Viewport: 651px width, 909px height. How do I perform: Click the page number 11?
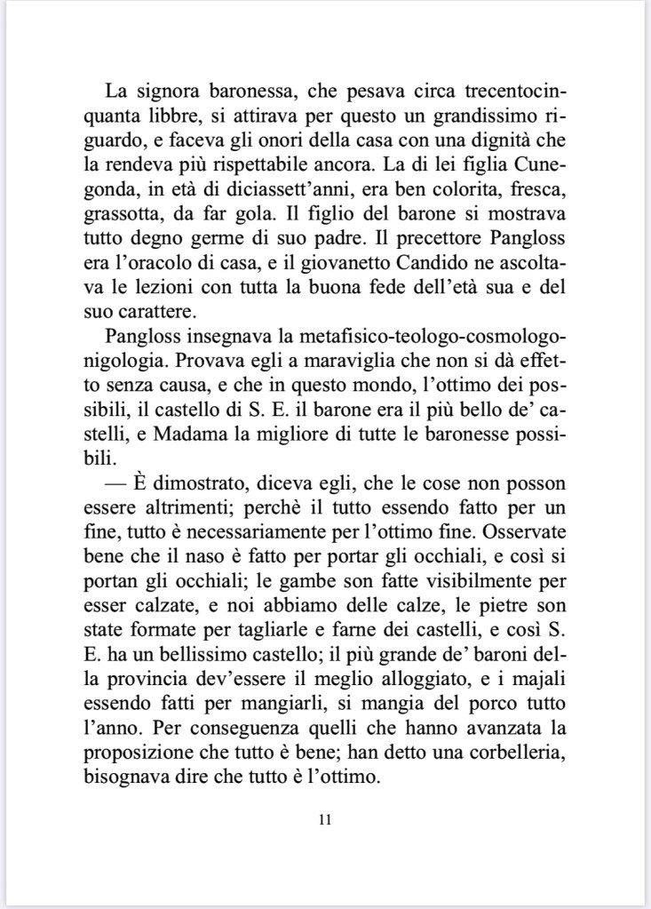point(324,818)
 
